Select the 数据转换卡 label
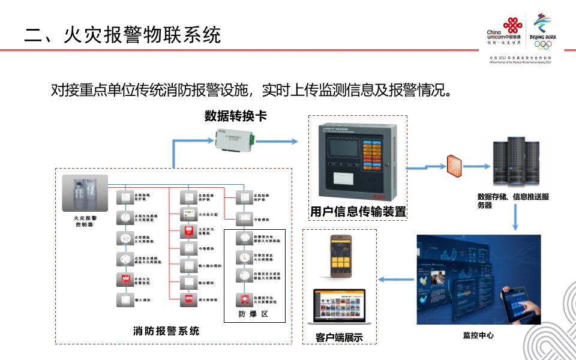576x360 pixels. pyautogui.click(x=235, y=116)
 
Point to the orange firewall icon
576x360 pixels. pyautogui.click(x=455, y=166)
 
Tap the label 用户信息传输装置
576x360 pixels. pyautogui.click(x=358, y=211)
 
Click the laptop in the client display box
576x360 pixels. pyautogui.click(x=340, y=308)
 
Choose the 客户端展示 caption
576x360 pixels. pyautogui.click(x=340, y=337)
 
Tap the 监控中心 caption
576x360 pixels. pyautogui.click(x=478, y=335)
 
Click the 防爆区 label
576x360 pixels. pyautogui.click(x=252, y=314)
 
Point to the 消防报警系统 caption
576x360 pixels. pyautogui.click(x=166, y=331)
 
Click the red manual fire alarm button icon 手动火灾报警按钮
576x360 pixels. pyautogui.click(x=126, y=279)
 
